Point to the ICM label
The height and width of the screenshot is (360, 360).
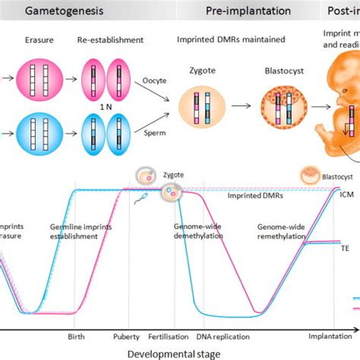[346, 194]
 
